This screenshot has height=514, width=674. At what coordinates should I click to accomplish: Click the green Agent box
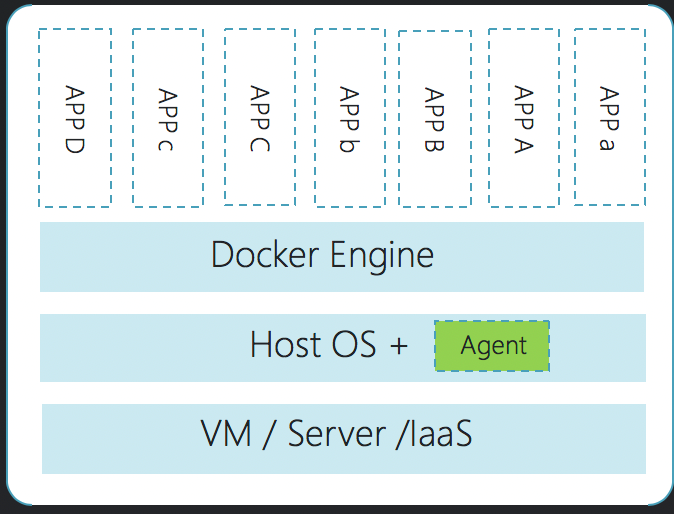(x=492, y=346)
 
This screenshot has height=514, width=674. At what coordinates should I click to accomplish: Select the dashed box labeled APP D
(x=75, y=118)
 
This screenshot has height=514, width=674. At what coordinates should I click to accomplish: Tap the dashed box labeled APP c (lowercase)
(x=168, y=118)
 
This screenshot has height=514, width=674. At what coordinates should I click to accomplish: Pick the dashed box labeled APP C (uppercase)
(x=260, y=117)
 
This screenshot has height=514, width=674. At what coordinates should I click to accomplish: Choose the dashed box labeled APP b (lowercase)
(x=349, y=118)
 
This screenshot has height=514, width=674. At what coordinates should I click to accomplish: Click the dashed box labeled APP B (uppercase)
(x=435, y=119)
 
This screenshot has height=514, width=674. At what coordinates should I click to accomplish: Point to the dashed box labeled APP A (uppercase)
(x=524, y=118)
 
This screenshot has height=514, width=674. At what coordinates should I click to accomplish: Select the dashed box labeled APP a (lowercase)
(x=610, y=117)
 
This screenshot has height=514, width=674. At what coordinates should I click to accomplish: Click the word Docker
(x=265, y=254)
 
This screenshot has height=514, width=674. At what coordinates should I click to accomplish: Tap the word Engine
(x=382, y=256)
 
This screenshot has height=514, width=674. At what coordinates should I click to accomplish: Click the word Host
(x=285, y=343)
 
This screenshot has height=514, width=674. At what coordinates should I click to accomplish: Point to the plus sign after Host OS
(x=399, y=345)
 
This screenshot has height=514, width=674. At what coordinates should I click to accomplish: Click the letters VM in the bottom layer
(x=226, y=433)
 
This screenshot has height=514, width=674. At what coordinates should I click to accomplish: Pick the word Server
(x=337, y=433)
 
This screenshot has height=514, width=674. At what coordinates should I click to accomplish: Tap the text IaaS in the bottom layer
(x=435, y=434)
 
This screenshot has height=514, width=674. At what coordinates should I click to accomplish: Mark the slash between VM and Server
(x=269, y=434)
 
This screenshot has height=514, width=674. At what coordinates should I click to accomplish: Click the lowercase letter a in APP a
(x=607, y=144)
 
